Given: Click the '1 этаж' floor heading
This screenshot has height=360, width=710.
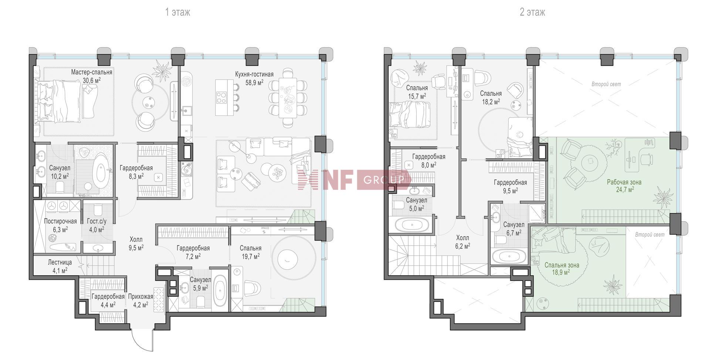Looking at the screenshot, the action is click(x=177, y=12).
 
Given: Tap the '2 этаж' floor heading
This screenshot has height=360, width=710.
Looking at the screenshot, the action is click(x=532, y=12).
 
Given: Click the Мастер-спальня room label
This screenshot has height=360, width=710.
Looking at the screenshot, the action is click(x=92, y=73).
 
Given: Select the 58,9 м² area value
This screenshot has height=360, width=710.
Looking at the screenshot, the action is click(x=254, y=83).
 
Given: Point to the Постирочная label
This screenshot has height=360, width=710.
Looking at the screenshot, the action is click(x=60, y=221).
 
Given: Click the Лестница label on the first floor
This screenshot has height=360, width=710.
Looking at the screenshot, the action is click(x=60, y=262).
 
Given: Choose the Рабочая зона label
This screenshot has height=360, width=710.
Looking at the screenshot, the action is click(x=624, y=182).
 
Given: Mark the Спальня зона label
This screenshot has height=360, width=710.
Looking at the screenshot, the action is click(x=562, y=265).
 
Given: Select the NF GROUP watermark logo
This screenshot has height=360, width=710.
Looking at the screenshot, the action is click(x=354, y=179).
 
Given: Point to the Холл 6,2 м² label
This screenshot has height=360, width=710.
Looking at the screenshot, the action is click(x=463, y=242).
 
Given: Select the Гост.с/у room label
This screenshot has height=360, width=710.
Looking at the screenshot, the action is click(x=97, y=221).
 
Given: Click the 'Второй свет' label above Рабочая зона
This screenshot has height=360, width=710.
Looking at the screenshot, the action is click(x=606, y=84).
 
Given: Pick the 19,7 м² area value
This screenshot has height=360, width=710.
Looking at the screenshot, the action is click(x=250, y=256).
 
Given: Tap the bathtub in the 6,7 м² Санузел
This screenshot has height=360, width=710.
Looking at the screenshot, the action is click(x=509, y=256).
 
